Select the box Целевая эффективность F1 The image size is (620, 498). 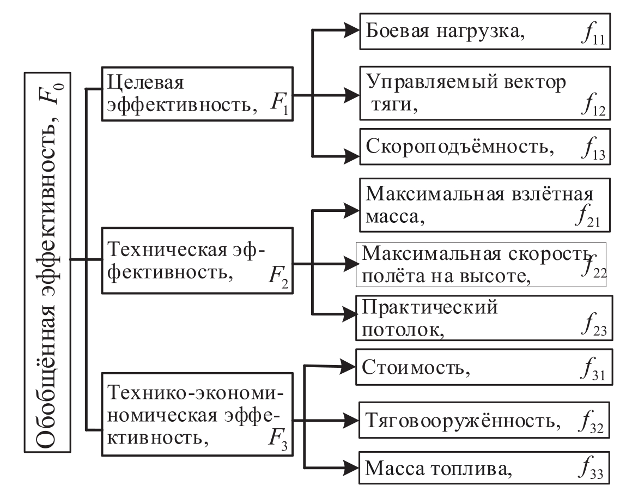[x=197, y=94]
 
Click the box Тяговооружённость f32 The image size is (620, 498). [x=483, y=420]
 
